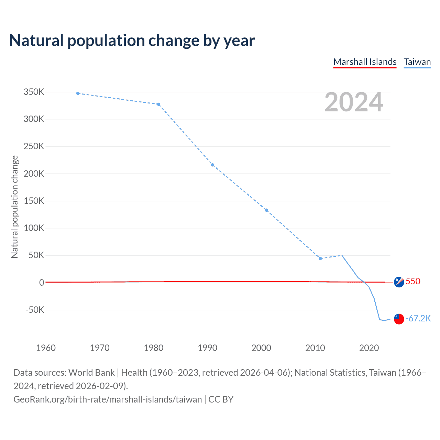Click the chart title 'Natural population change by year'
(132, 41)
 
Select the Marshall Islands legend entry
(365, 62)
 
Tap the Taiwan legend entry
(417, 62)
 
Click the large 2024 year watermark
(354, 102)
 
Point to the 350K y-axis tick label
(34, 92)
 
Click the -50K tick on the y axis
(35, 310)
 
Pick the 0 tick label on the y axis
(42, 283)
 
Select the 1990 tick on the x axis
(207, 348)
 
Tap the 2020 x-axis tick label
(369, 348)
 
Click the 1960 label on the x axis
(46, 348)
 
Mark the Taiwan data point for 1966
(78, 93)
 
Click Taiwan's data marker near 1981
(158, 104)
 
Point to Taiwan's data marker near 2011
(320, 258)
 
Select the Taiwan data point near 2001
(266, 210)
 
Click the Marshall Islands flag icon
(399, 282)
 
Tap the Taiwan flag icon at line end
(399, 319)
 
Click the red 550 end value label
(413, 281)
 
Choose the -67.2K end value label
(418, 318)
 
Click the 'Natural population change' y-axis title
(14, 207)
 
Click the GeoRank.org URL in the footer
(108, 399)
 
